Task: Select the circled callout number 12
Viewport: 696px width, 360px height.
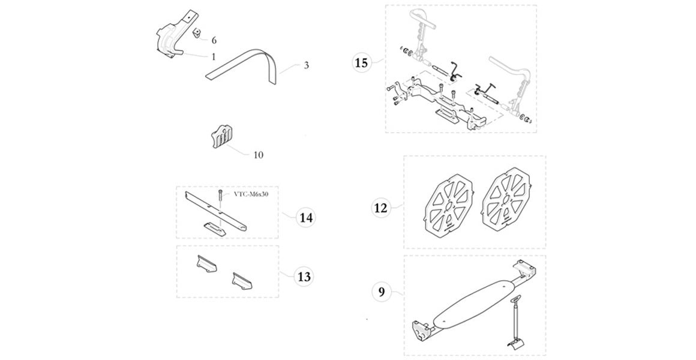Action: pos(381,208)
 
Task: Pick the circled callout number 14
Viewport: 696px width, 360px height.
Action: pos(305,217)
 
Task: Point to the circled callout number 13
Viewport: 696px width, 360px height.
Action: pos(304,277)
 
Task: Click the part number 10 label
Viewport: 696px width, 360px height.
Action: pos(258,155)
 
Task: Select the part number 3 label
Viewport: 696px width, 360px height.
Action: pos(306,65)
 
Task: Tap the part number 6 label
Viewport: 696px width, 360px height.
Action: pos(214,40)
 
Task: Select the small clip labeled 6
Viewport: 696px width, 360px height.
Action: pos(196,34)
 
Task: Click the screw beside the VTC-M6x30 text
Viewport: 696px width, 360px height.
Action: pos(221,197)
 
